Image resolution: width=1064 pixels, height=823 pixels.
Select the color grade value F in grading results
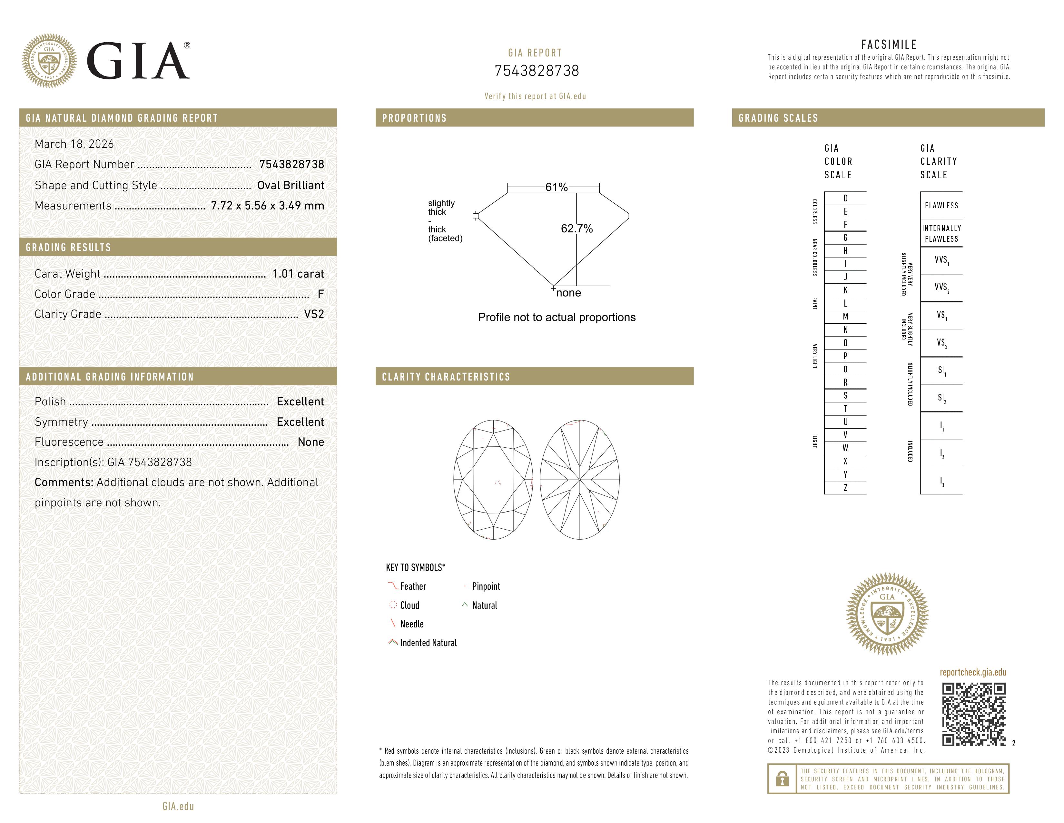click(x=320, y=294)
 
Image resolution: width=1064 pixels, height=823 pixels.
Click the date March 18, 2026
click(x=74, y=144)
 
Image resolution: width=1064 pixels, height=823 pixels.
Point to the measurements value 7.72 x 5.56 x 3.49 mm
click(x=267, y=206)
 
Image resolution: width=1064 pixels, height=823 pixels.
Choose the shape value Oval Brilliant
click(x=291, y=185)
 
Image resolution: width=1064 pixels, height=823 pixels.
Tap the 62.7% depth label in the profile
click(x=576, y=229)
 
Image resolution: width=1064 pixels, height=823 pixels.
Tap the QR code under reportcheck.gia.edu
click(x=973, y=714)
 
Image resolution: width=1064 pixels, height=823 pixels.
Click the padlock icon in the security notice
click(x=782, y=779)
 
